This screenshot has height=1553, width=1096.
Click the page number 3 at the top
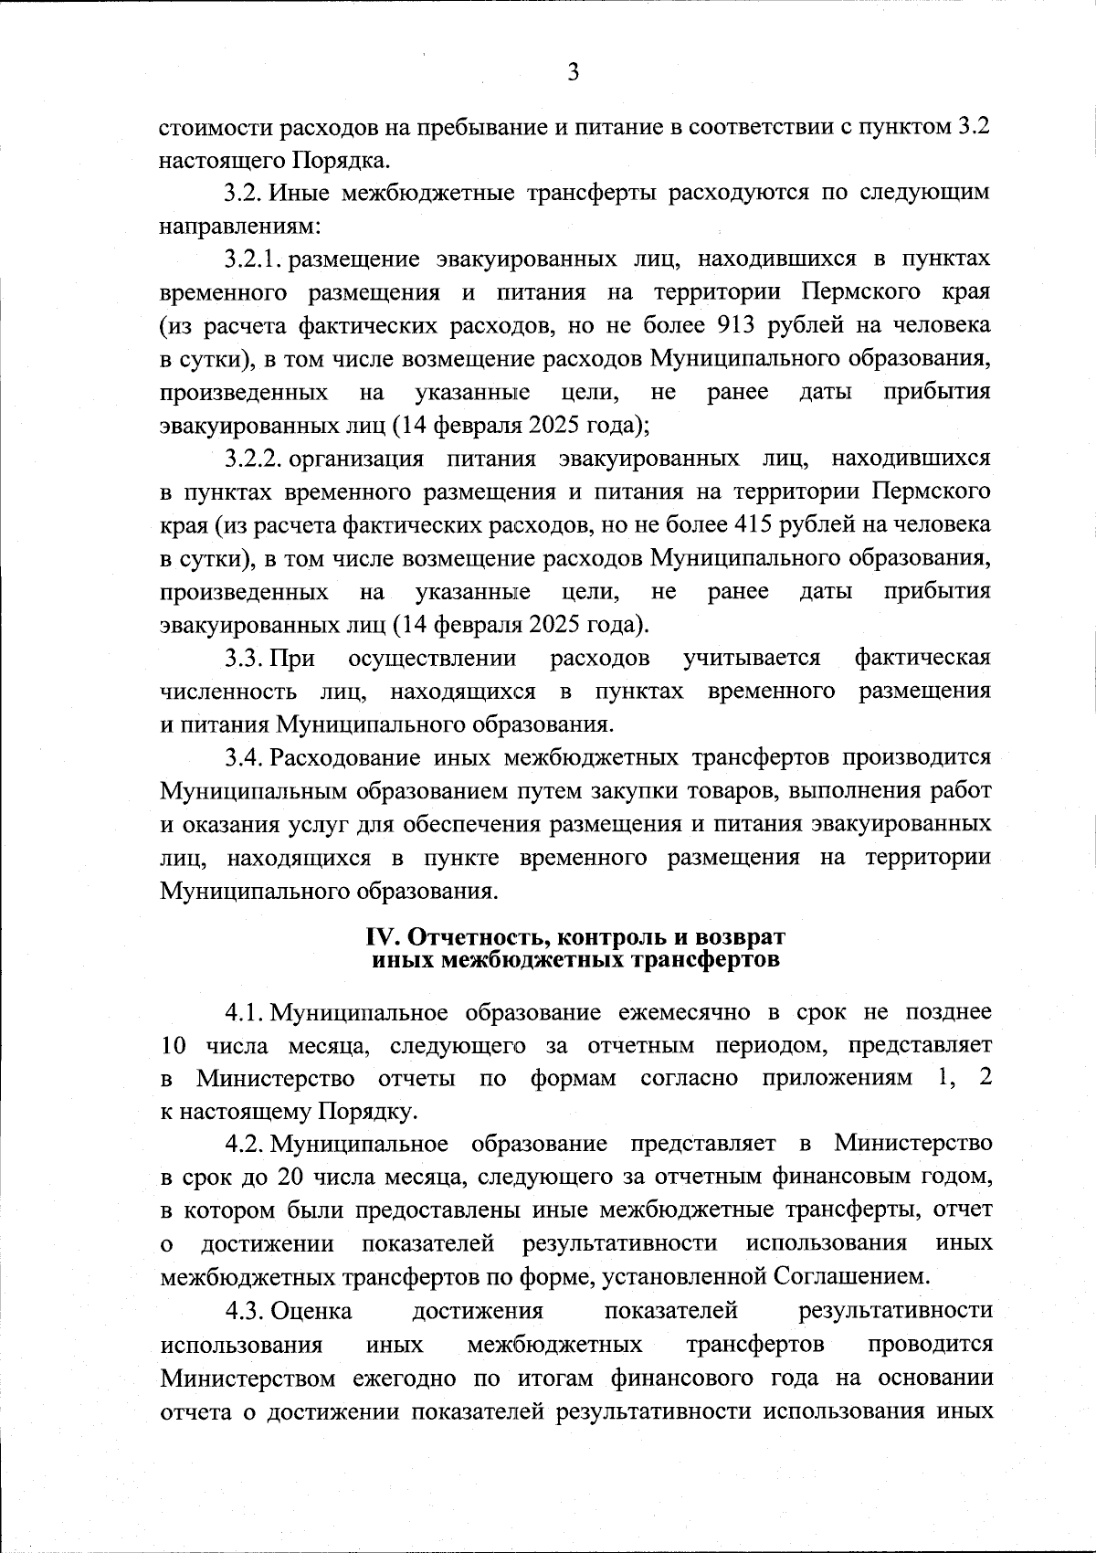point(573,72)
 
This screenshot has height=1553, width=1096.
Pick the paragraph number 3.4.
point(246,757)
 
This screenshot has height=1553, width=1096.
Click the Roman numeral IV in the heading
point(378,938)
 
